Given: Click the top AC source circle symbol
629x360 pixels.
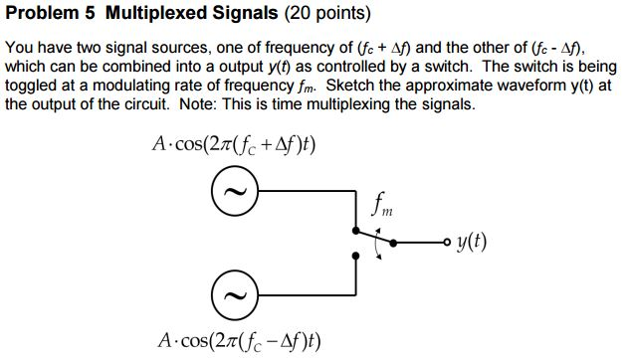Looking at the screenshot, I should click(234, 191).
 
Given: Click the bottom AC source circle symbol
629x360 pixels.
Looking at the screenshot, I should click(234, 296).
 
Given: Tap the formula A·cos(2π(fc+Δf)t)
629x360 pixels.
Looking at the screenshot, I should click(235, 144).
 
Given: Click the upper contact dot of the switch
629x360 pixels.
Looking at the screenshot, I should click(356, 226).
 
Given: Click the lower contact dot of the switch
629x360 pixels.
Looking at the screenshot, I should click(356, 255).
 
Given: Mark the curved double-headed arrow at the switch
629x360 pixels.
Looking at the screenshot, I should click(376, 246).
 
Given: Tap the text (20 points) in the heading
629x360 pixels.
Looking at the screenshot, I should click(327, 15).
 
